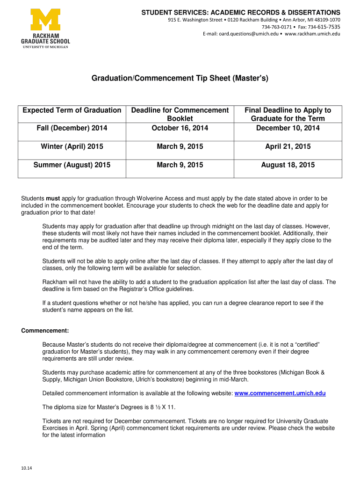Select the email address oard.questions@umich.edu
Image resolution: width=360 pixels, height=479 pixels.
coord(249,34)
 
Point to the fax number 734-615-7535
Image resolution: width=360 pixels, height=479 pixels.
coord(324,27)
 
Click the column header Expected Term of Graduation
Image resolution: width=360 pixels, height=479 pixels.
coord(72,110)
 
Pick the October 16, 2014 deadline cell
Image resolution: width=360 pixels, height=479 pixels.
coord(180,128)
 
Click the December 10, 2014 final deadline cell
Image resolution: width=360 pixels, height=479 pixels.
coord(288,128)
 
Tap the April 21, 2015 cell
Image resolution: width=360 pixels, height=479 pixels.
coord(288,146)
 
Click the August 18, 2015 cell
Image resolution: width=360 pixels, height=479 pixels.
coord(288,165)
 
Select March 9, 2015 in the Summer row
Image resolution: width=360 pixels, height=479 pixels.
coord(180,165)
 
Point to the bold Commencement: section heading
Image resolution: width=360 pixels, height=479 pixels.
coord(45,331)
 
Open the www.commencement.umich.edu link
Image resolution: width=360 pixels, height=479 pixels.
coord(280,393)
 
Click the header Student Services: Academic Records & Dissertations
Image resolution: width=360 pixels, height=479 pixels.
coord(241,12)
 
